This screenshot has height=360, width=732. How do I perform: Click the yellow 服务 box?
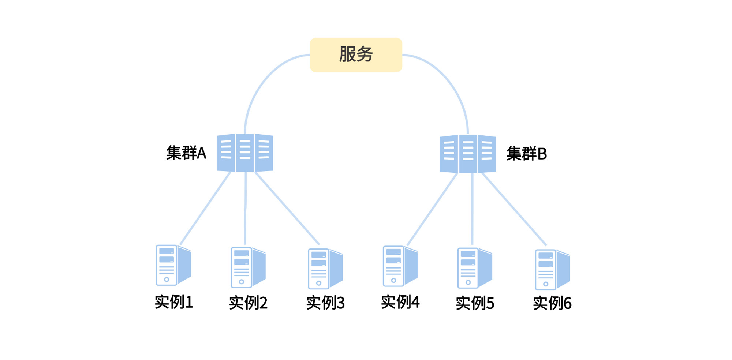tap(356, 55)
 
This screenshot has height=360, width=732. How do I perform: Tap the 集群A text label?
tap(186, 153)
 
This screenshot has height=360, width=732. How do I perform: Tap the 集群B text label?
tap(526, 154)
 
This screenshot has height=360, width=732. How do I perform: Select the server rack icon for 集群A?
tap(245, 153)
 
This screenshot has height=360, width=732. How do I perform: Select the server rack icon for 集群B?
tap(468, 154)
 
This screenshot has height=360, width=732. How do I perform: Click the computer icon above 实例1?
tap(173, 265)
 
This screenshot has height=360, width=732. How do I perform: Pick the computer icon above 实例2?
tap(248, 267)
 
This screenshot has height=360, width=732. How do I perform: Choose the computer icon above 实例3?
tap(325, 269)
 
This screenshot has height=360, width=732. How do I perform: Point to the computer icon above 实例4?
tap(400, 266)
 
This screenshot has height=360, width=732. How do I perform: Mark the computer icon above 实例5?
tap(474, 268)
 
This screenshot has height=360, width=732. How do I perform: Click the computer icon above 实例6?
tap(552, 270)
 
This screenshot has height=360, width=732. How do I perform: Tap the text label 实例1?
tap(173, 302)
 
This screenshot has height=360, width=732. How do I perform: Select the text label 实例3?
tap(325, 303)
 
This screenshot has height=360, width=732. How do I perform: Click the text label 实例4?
tap(400, 302)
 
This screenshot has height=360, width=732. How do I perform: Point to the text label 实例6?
tap(552, 303)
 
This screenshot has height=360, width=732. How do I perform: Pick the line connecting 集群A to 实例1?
tap(205, 209)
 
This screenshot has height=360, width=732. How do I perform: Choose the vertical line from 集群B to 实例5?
tap(473, 209)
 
